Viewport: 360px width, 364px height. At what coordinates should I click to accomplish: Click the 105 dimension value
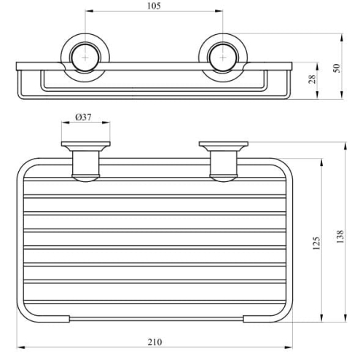[x=154, y=6]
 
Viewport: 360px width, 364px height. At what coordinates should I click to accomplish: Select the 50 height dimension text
[x=337, y=68]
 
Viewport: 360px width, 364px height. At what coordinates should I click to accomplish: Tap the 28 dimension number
[x=312, y=79]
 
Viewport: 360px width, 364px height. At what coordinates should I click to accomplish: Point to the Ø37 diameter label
[x=83, y=117]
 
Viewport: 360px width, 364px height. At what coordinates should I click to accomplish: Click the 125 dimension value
[x=316, y=243]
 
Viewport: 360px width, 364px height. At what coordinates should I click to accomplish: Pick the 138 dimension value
[x=340, y=237]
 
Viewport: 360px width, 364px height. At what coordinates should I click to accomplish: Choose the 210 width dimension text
[x=154, y=342]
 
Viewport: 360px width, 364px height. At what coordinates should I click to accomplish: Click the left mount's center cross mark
[x=85, y=58]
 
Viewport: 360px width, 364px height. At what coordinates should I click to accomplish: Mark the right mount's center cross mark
[x=223, y=58]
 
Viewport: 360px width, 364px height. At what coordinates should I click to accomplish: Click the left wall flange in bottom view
[x=86, y=144]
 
